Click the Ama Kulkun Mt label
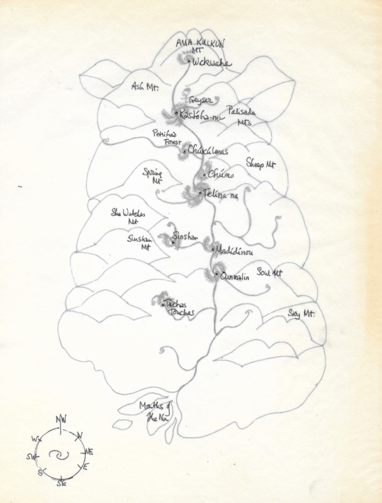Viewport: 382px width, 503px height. (x=200, y=46)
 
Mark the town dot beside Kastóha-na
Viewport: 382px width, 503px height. (x=177, y=114)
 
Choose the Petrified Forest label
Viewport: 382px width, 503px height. (x=165, y=138)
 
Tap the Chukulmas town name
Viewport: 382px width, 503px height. (x=208, y=152)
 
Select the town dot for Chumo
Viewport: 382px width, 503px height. (x=205, y=174)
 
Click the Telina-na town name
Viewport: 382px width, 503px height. (x=222, y=196)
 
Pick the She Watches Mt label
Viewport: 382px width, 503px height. (x=128, y=217)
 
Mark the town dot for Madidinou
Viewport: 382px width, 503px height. (x=213, y=250)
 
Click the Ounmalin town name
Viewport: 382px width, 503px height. (x=235, y=276)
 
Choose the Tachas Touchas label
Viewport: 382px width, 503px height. (x=179, y=308)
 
